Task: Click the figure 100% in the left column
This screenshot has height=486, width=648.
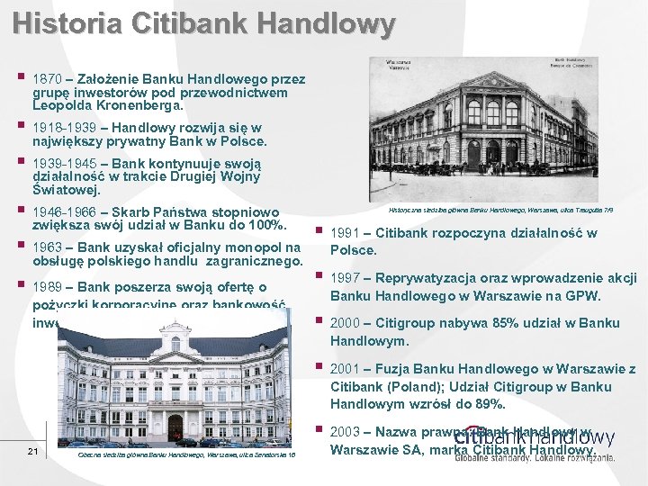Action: [266, 224]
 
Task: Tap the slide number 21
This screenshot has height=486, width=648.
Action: [32, 451]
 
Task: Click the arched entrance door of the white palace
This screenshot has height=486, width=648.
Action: [175, 427]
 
